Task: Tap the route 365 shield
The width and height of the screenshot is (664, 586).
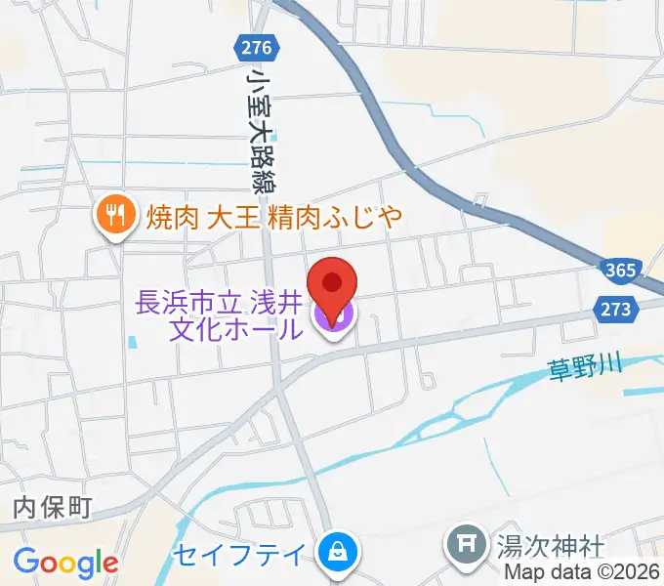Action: click(619, 270)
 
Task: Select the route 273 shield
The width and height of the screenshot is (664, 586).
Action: click(614, 309)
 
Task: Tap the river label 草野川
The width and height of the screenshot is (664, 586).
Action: click(584, 369)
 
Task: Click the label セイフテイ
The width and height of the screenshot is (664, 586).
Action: click(240, 554)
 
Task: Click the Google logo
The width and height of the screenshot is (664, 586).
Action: click(65, 562)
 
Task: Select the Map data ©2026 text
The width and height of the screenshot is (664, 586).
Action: click(582, 572)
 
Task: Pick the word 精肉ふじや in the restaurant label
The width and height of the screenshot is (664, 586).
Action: click(335, 216)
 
